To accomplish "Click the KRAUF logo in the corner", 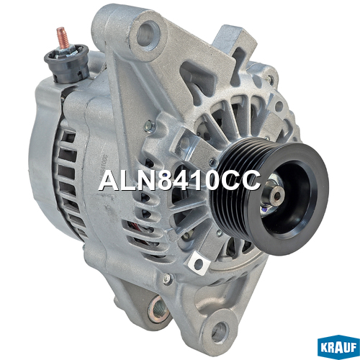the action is point(338,347).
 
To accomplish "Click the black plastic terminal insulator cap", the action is point(67,63).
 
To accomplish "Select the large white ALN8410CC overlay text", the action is point(179,181).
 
